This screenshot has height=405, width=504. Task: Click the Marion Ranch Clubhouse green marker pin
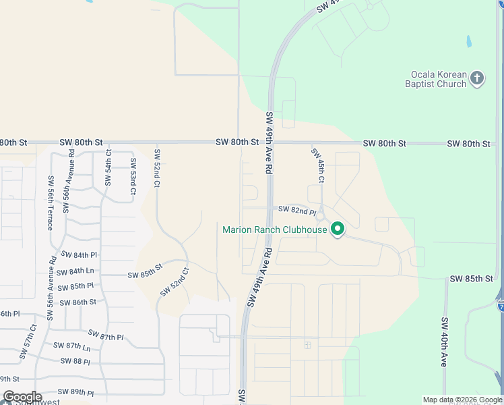(x=338, y=230)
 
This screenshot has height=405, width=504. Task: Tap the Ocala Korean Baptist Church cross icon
(x=476, y=78)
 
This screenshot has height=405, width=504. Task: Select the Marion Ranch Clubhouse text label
(x=274, y=230)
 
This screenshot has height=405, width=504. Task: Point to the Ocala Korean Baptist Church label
(x=435, y=79)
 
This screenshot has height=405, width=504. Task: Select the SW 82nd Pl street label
(x=297, y=211)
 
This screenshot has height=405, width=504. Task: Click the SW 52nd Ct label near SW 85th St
(x=175, y=283)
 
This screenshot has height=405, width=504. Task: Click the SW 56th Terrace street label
(x=50, y=202)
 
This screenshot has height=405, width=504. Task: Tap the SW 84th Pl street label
(x=80, y=254)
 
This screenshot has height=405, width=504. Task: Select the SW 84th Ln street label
(x=76, y=271)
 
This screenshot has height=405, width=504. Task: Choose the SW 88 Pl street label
(x=75, y=361)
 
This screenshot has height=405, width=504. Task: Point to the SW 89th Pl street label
(x=75, y=392)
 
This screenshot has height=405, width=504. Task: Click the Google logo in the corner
(x=23, y=397)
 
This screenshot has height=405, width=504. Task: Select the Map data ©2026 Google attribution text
(x=462, y=400)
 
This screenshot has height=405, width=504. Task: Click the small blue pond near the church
(x=468, y=41)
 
